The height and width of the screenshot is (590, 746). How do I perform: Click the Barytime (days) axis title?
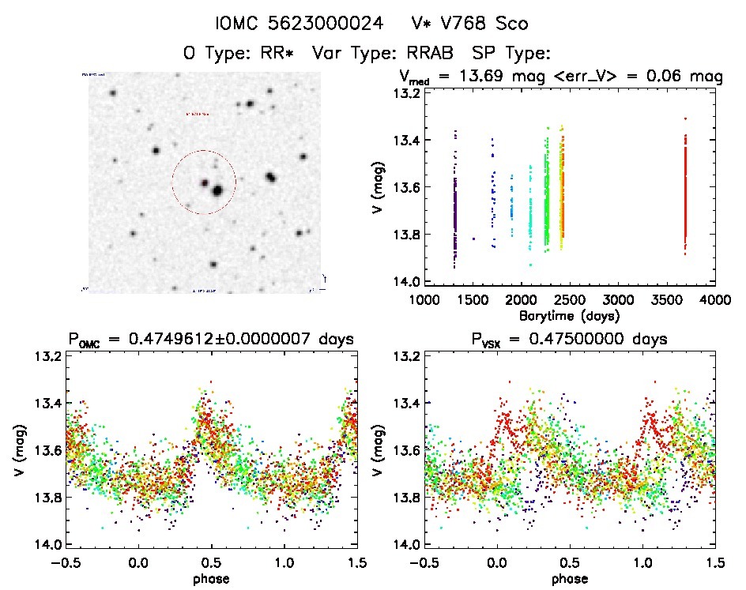point(569,314)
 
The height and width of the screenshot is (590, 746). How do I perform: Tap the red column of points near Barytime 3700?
point(685,190)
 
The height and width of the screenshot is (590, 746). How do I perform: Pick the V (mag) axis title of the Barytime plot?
point(381,188)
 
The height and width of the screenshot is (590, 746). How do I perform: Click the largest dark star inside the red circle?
point(217,190)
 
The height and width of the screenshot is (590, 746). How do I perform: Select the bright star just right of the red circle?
point(271,177)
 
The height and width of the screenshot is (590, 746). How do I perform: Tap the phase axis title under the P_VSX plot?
point(569,578)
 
